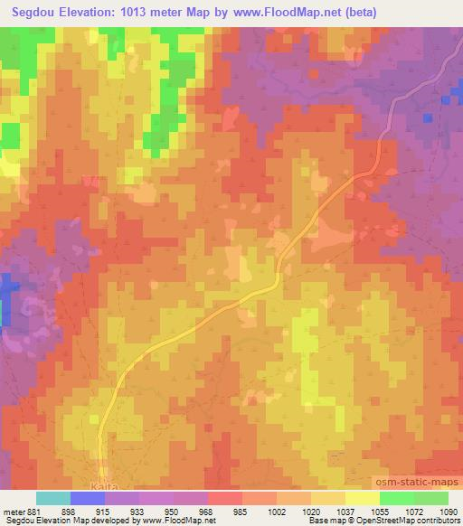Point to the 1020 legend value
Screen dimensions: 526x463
coord(309,511)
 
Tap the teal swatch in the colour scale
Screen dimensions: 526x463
coord(53,498)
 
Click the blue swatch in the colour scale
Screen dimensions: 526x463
coord(87,498)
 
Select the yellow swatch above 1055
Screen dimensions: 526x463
coord(363,498)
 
